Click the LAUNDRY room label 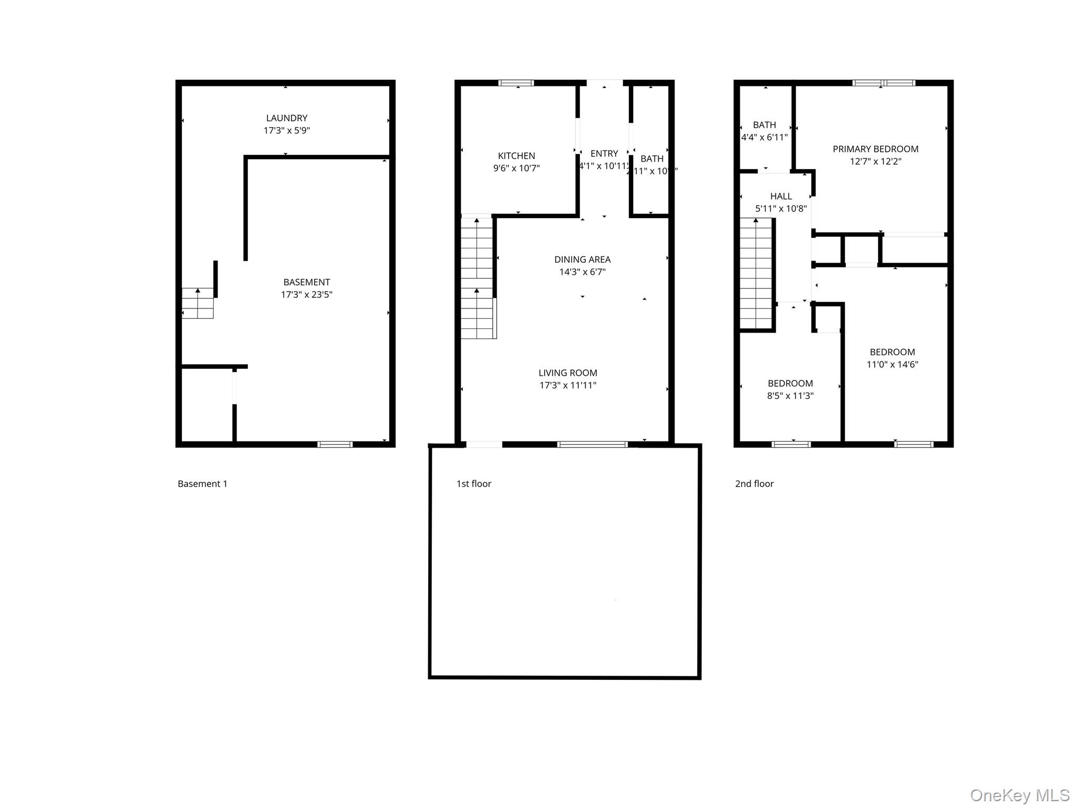click(x=286, y=118)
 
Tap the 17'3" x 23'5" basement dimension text click(x=306, y=295)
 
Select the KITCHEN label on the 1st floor click(x=516, y=156)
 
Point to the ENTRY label click(x=604, y=154)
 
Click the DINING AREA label click(x=582, y=260)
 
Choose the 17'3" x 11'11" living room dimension click(x=567, y=385)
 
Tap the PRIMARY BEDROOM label click(x=875, y=149)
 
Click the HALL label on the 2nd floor click(x=781, y=196)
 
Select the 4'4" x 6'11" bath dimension click(x=764, y=138)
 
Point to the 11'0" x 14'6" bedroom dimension click(x=892, y=365)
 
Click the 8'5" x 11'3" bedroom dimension click(x=790, y=396)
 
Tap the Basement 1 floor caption click(x=202, y=484)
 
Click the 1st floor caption click(x=473, y=484)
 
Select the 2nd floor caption click(x=754, y=484)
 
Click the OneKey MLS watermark click(x=1019, y=795)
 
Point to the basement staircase click(x=198, y=304)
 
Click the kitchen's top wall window click(x=516, y=83)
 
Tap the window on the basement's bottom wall click(x=335, y=444)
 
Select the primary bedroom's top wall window click(x=884, y=83)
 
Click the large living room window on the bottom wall click(x=592, y=444)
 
